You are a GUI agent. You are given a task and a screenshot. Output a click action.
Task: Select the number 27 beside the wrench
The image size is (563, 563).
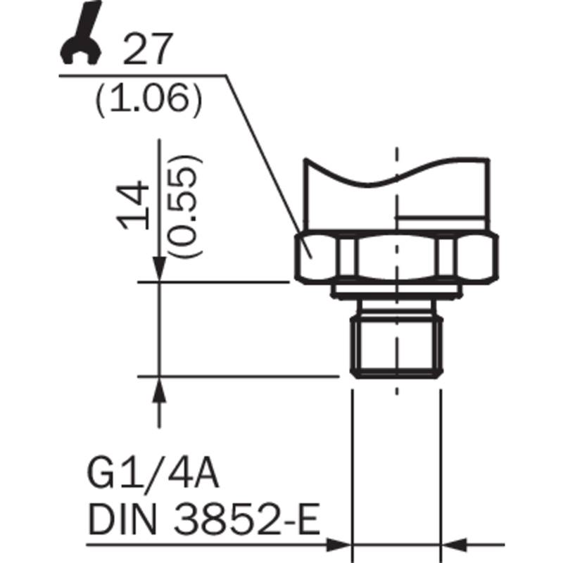(x=148, y=49)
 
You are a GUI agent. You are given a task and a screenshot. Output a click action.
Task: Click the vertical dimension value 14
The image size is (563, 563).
(x=133, y=205)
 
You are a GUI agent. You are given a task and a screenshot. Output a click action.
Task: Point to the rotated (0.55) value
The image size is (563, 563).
(x=184, y=206)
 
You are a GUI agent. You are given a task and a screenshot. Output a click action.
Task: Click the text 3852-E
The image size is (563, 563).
(x=248, y=519)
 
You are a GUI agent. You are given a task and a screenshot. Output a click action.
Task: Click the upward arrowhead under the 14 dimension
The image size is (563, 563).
(x=160, y=391)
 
